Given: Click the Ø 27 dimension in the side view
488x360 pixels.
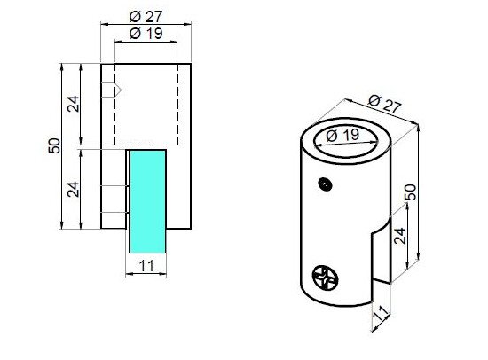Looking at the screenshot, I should (x=146, y=16).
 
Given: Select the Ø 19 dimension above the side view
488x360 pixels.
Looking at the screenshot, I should (x=146, y=34).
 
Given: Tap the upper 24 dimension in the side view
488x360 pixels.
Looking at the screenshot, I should (x=74, y=104).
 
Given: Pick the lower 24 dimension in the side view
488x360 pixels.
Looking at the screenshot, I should (x=74, y=188).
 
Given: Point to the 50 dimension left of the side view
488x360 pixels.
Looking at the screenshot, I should (x=53, y=146).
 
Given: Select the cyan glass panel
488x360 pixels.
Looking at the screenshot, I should (x=147, y=200).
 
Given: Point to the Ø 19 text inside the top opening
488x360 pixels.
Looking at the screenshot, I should (x=342, y=137).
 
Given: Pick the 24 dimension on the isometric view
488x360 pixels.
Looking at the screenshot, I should (x=399, y=235).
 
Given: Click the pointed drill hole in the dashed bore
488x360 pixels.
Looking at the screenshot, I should (x=111, y=90).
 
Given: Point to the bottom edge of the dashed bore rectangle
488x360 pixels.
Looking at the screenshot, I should (x=147, y=145).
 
